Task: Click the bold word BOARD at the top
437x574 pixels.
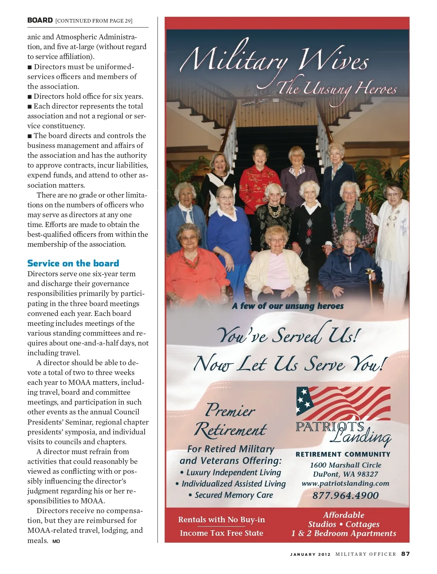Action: click(40, 20)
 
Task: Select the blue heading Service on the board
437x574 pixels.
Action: click(73, 263)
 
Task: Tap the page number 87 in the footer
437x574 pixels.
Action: click(405, 554)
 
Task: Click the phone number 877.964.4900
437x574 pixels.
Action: click(345, 495)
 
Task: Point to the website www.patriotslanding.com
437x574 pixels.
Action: click(345, 484)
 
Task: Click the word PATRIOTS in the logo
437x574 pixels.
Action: click(330, 426)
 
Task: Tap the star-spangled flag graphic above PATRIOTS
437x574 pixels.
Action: click(343, 403)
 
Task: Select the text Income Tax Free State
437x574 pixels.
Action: click(221, 533)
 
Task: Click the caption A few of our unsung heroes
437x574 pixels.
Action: click(288, 306)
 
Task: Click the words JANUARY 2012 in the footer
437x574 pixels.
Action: click(310, 554)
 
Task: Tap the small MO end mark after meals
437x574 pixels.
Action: click(56, 541)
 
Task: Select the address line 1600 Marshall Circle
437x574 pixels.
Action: click(345, 465)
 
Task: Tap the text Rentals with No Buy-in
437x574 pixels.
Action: click(221, 520)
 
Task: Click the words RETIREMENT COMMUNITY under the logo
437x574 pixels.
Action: click(343, 454)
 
